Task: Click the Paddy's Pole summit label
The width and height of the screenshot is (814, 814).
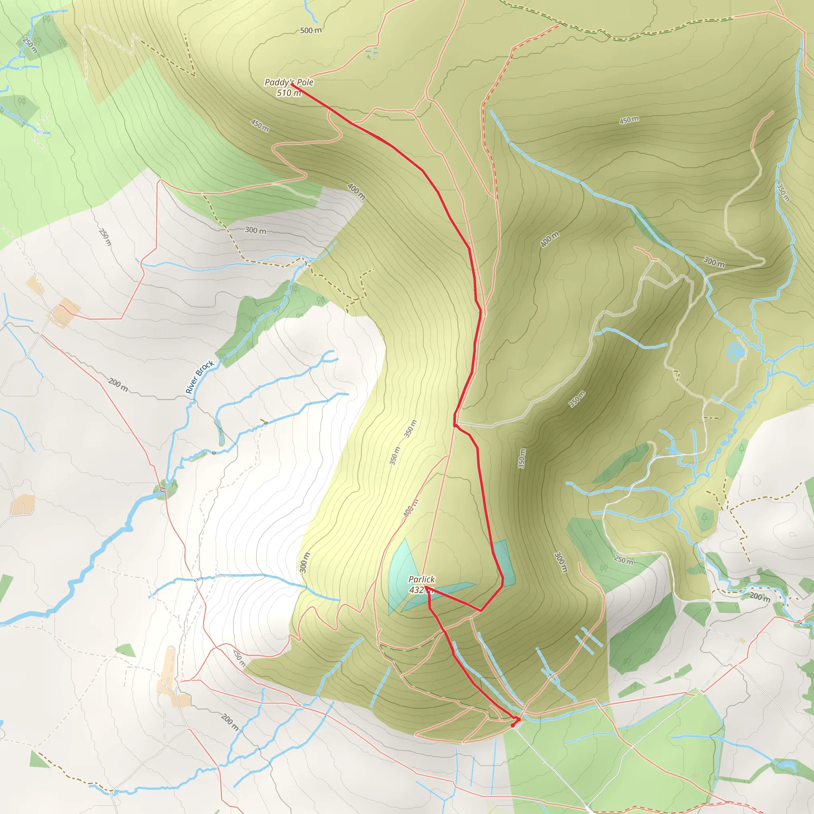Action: (289, 82)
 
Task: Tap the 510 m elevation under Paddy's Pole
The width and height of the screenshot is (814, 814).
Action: (289, 93)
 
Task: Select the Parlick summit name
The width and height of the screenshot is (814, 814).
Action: (421, 579)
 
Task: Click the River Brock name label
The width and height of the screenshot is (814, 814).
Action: (200, 377)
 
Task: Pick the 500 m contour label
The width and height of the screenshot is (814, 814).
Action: (310, 30)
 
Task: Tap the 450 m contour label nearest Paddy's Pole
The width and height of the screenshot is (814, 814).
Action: (260, 125)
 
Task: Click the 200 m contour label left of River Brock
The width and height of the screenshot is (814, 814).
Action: (118, 384)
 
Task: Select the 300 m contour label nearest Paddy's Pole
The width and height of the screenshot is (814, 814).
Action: (255, 231)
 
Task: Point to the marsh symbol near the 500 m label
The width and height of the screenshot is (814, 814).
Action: (372, 54)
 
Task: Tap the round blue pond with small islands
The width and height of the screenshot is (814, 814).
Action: (735, 351)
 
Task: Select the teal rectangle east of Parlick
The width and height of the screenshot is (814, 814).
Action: (505, 563)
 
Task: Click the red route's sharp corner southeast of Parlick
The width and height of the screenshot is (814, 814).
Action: (481, 610)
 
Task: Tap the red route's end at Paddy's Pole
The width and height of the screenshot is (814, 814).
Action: (292, 85)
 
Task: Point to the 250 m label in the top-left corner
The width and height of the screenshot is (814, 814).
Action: (30, 45)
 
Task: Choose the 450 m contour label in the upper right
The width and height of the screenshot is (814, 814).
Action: (629, 120)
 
